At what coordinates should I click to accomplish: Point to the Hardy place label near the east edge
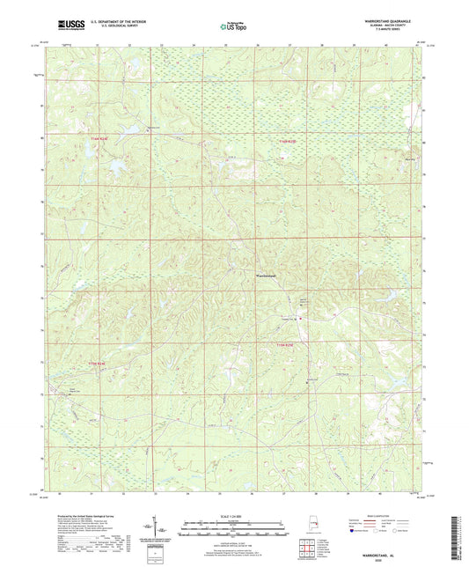(x=408, y=160)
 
